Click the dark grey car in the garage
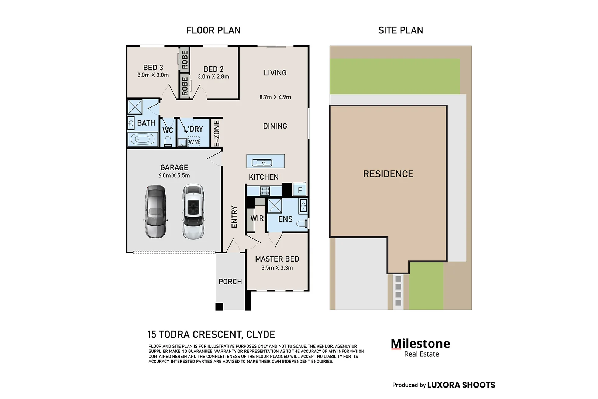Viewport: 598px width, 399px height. coord(156,211)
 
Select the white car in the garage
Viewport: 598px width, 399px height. coord(193,211)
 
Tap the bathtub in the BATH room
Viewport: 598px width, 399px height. coord(142,139)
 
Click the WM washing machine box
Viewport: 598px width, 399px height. coord(194,141)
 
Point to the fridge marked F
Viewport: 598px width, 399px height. coord(299,190)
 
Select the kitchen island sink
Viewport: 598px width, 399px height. coord(262,162)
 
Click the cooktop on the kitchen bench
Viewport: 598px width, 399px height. coord(265,191)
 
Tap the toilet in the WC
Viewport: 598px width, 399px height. coord(168,141)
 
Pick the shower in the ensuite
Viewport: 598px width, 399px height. coord(275,205)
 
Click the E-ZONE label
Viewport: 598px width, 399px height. coord(217,133)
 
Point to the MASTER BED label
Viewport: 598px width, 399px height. coord(277,259)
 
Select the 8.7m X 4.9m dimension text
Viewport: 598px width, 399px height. coord(275,97)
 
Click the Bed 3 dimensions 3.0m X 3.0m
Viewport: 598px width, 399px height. coord(153,75)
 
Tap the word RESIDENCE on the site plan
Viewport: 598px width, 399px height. coord(388,174)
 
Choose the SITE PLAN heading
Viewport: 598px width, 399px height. coord(401,30)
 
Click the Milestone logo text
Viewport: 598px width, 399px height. coord(420,344)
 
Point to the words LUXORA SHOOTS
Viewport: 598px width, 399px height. coord(461,385)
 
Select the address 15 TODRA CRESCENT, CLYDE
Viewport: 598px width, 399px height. coord(212,334)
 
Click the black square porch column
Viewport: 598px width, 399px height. coord(219,307)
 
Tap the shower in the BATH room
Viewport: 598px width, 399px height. coord(135,107)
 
